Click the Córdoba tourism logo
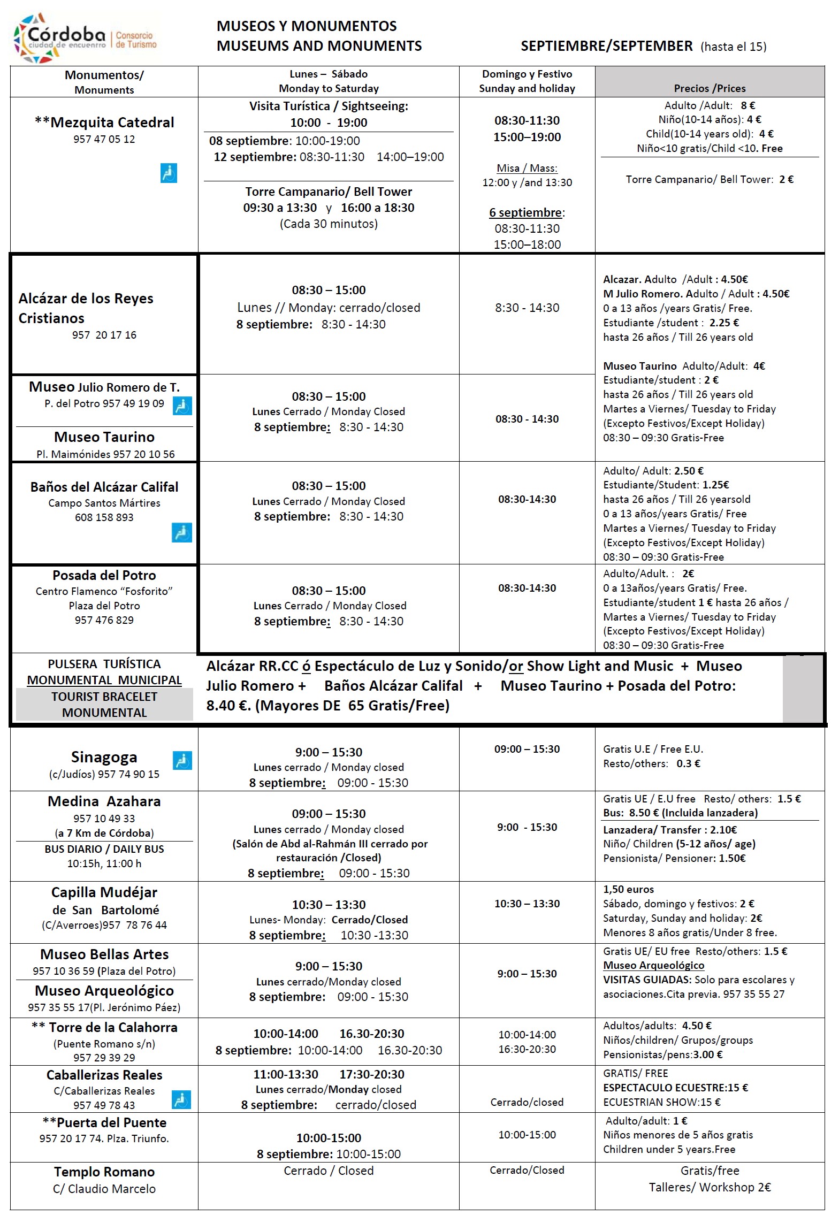[x=86, y=37]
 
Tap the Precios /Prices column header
[x=710, y=88]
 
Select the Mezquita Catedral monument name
[x=104, y=123]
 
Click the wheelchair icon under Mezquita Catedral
[x=169, y=173]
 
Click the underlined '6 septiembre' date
[x=525, y=212]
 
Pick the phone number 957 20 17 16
[x=104, y=335]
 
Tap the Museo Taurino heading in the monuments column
[x=104, y=437]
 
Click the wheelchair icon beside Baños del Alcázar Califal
[x=181, y=532]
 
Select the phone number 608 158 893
[x=104, y=517]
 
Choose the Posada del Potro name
[x=104, y=576]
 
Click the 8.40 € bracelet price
[x=228, y=706]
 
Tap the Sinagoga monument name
[x=104, y=757]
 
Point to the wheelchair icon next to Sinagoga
[x=182, y=760]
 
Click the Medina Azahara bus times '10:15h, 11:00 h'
[x=104, y=863]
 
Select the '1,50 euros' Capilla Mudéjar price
[x=628, y=889]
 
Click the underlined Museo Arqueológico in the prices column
[x=653, y=965]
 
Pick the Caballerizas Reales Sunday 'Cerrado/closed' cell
[x=527, y=1102]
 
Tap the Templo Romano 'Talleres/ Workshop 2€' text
[x=710, y=1187]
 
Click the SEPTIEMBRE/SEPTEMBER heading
[x=606, y=46]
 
